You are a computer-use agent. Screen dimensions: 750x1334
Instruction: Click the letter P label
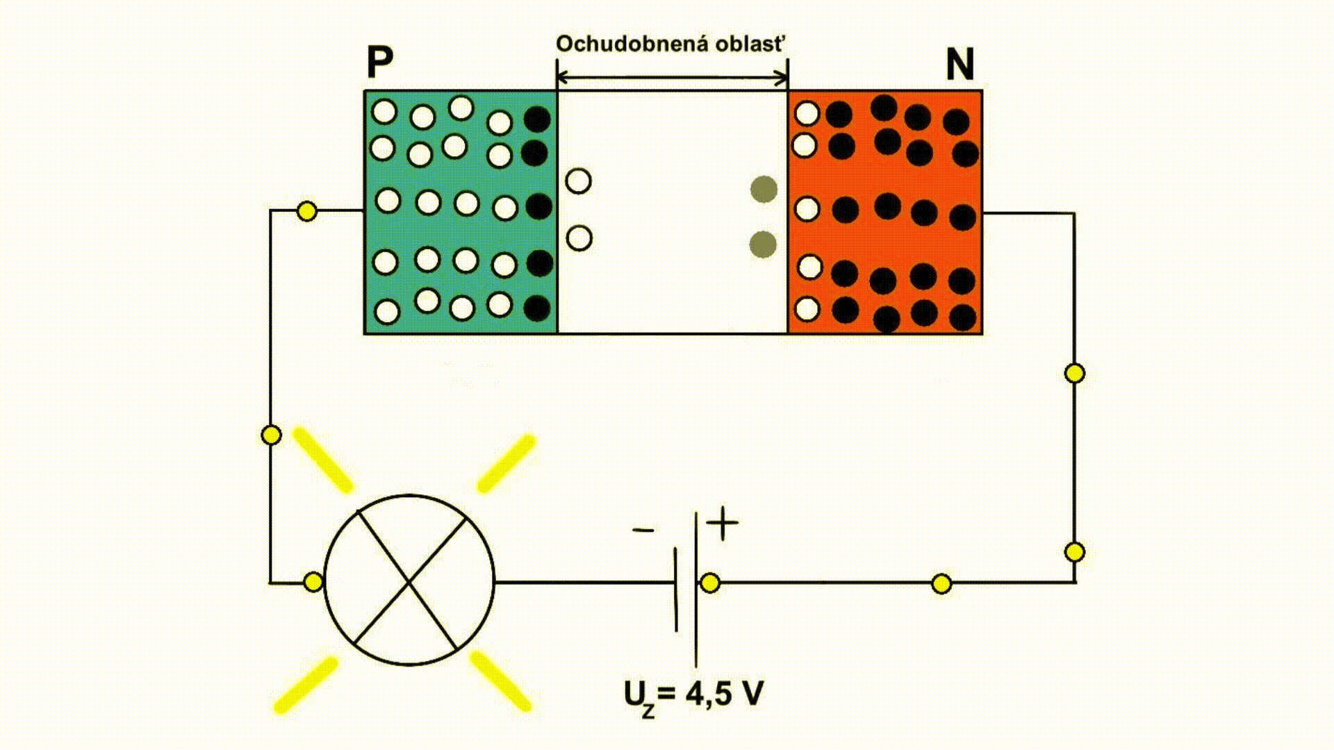click(x=380, y=63)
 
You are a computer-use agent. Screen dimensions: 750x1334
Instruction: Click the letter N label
click(x=960, y=65)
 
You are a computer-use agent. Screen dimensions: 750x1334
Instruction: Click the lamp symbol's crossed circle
click(x=409, y=580)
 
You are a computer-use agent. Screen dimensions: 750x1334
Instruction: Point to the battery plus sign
click(x=723, y=524)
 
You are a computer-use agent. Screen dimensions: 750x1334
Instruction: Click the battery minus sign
click(x=643, y=531)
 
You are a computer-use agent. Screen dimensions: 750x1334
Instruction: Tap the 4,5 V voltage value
click(x=724, y=693)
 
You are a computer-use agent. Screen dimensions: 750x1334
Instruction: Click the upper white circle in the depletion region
click(x=579, y=181)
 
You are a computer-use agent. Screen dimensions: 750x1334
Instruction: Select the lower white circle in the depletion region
click(x=579, y=238)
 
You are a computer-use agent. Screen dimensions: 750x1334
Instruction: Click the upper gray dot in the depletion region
click(x=764, y=190)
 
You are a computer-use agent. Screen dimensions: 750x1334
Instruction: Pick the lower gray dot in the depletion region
click(x=763, y=244)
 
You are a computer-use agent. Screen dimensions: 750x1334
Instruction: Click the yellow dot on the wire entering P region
click(x=306, y=211)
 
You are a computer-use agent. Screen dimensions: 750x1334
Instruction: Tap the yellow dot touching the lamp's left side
click(x=313, y=582)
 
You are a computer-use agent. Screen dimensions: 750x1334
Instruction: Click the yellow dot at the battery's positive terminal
click(x=710, y=583)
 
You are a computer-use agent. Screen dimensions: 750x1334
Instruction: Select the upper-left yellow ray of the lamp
click(x=322, y=460)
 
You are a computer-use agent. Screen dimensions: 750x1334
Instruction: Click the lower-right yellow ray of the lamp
click(x=500, y=681)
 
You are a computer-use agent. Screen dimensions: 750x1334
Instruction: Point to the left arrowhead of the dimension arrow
click(x=562, y=78)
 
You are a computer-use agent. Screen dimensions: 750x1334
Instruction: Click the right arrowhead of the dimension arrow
click(x=783, y=78)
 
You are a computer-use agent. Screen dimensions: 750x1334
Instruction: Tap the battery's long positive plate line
click(x=696, y=590)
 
